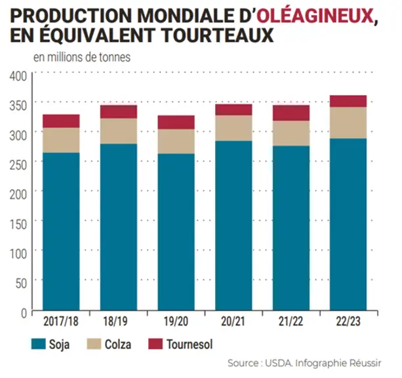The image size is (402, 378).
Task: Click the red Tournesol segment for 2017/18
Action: point(61,121)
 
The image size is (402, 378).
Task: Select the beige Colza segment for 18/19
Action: point(119,131)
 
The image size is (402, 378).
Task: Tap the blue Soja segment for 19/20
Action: point(176,232)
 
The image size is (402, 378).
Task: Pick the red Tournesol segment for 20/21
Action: point(233,110)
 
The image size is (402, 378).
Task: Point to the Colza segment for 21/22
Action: point(291,133)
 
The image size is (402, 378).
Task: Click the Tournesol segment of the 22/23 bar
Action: point(348,101)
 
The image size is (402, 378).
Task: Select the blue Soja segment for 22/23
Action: point(348,224)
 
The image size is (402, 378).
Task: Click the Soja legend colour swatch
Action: point(39,344)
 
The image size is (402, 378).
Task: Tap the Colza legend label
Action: point(118,345)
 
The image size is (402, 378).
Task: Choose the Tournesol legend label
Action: point(190,345)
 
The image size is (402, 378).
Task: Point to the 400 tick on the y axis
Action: point(18,76)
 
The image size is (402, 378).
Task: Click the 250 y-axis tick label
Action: point(18,165)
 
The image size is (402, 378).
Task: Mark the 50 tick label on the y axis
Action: point(21,283)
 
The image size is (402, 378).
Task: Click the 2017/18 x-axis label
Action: point(61,322)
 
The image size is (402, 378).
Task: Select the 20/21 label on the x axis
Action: point(233,322)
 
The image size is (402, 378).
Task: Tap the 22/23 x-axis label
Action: point(348,322)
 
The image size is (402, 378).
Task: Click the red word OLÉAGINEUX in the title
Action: point(315,16)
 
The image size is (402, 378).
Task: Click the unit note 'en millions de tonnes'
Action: point(82,57)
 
